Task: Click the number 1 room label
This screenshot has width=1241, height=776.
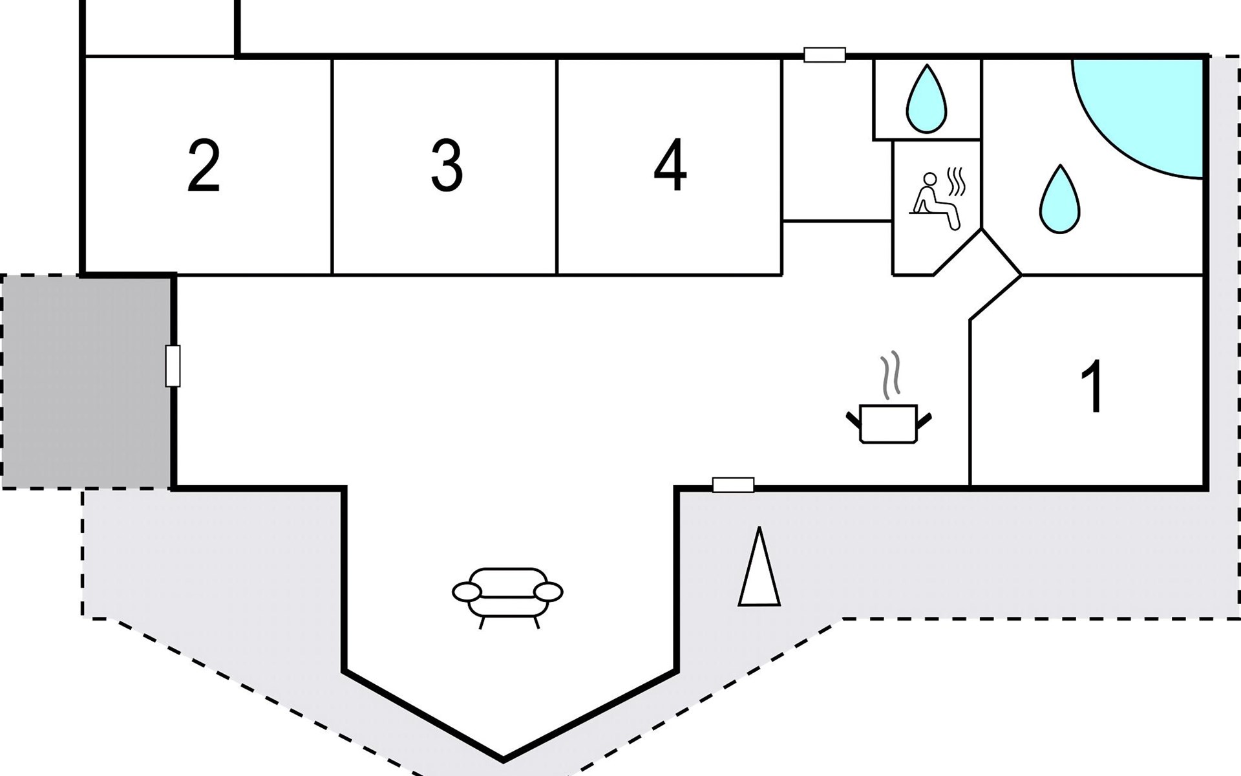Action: point(1093,386)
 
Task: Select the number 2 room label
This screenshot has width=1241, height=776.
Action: point(204,166)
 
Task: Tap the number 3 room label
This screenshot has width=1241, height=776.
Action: point(447,166)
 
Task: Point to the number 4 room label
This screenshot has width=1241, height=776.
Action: point(670,165)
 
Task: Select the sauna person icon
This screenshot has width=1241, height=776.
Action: point(935,201)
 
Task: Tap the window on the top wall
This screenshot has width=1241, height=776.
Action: point(825,55)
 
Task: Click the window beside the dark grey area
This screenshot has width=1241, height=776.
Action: point(173,366)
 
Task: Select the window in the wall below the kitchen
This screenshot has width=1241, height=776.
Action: point(733,485)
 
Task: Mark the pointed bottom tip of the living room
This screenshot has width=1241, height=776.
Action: point(504,759)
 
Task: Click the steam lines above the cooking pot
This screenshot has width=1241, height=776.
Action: point(889,376)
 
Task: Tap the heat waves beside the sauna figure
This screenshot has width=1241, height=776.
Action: point(956,182)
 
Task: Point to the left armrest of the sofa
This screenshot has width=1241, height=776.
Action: point(467,591)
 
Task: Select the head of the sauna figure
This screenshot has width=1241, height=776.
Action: point(930,179)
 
